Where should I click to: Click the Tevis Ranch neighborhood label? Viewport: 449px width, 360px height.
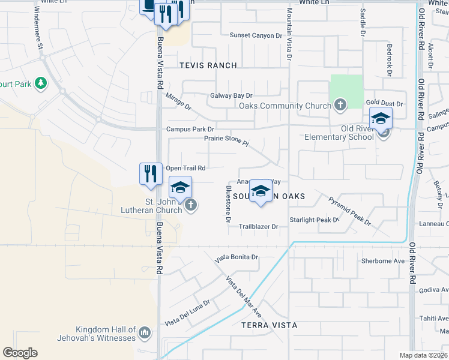207,65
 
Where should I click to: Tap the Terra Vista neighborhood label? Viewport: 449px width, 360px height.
269,325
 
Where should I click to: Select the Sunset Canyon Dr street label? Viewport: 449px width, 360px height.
256,36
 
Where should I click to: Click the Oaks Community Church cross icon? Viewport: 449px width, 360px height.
340,106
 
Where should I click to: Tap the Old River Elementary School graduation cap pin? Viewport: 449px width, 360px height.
381,120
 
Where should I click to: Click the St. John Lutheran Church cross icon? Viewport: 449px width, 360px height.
191,206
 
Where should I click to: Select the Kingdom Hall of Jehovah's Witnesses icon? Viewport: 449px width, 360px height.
144,332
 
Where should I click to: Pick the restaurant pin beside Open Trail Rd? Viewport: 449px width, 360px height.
151,174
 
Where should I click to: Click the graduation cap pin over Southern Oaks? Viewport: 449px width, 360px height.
261,192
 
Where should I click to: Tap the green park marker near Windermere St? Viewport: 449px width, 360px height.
41,83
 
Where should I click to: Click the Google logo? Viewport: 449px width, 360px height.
20,353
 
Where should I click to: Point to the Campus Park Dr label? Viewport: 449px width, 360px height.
190,129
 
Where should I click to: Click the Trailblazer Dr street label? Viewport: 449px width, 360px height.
259,227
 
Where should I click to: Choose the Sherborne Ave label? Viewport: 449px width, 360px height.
383,261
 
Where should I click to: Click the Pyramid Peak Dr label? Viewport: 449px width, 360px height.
350,211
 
